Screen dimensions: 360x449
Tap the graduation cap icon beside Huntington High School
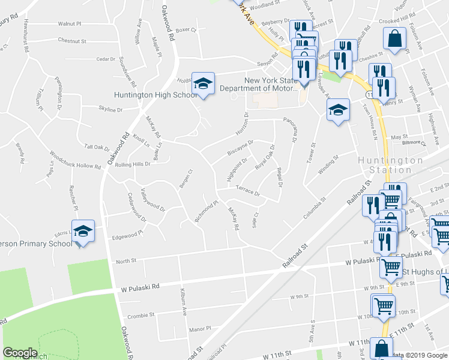click(203, 85)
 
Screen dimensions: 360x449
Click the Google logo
click(20, 353)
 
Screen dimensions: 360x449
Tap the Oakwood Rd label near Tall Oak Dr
click(119, 149)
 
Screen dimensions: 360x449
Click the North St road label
click(126, 261)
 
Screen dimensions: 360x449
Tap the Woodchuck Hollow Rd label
click(76, 160)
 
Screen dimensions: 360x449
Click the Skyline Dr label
click(110, 110)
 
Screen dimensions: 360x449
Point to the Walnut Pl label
click(70, 23)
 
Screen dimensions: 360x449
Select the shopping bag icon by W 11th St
click(382, 349)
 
